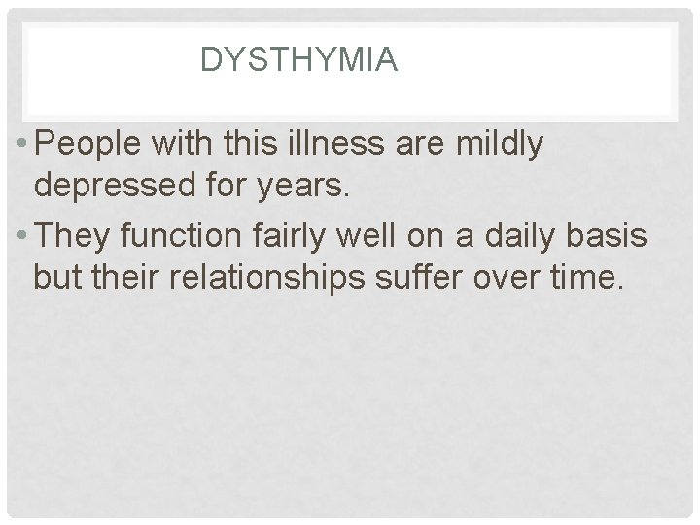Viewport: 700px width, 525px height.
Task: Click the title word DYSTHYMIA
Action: (x=298, y=61)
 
